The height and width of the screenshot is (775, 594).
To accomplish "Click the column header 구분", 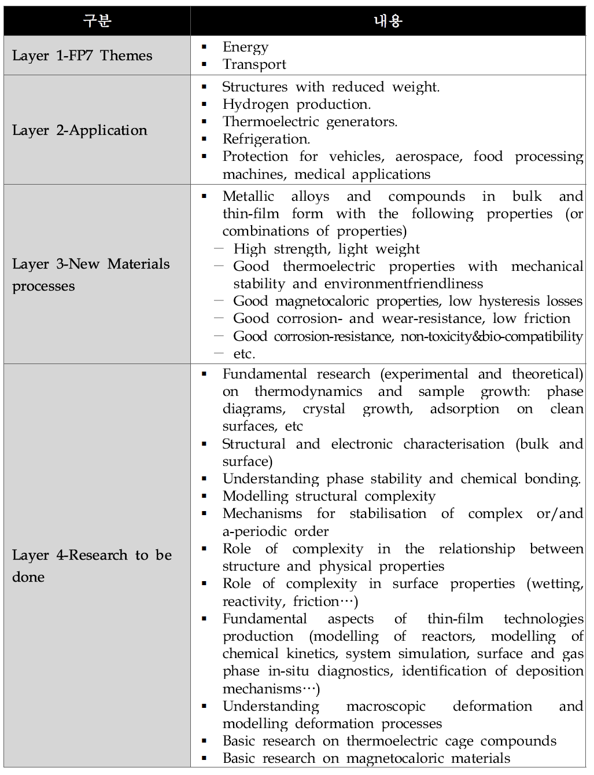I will click(97, 21).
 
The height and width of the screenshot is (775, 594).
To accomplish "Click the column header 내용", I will click(388, 21).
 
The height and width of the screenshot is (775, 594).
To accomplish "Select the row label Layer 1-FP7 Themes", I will click(82, 56).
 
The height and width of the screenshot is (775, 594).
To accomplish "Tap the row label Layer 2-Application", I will click(80, 130).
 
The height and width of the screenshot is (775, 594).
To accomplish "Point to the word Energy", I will click(245, 47).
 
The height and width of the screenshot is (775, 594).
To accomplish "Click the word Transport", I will click(254, 64).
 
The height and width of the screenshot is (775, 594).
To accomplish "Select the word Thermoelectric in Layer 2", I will click(270, 122).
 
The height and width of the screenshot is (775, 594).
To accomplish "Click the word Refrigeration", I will click(266, 139).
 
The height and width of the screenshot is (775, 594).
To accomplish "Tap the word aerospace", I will click(427, 156).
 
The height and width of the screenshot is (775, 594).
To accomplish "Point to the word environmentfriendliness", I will click(403, 284).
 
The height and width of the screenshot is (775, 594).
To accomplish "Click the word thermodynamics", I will click(308, 391).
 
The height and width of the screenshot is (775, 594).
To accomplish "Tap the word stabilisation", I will click(388, 513).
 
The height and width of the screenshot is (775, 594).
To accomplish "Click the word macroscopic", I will click(386, 706).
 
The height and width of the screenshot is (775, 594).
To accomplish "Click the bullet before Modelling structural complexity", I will click(204, 496).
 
